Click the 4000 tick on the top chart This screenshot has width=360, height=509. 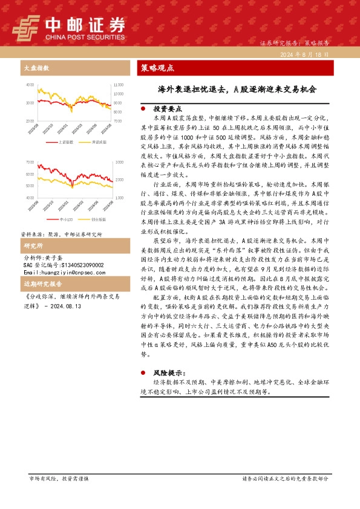coord(30,85)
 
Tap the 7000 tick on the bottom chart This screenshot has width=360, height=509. coord(30,163)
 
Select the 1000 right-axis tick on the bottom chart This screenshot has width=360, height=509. coord(119,198)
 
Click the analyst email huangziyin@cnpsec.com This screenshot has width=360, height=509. coord(65,271)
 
